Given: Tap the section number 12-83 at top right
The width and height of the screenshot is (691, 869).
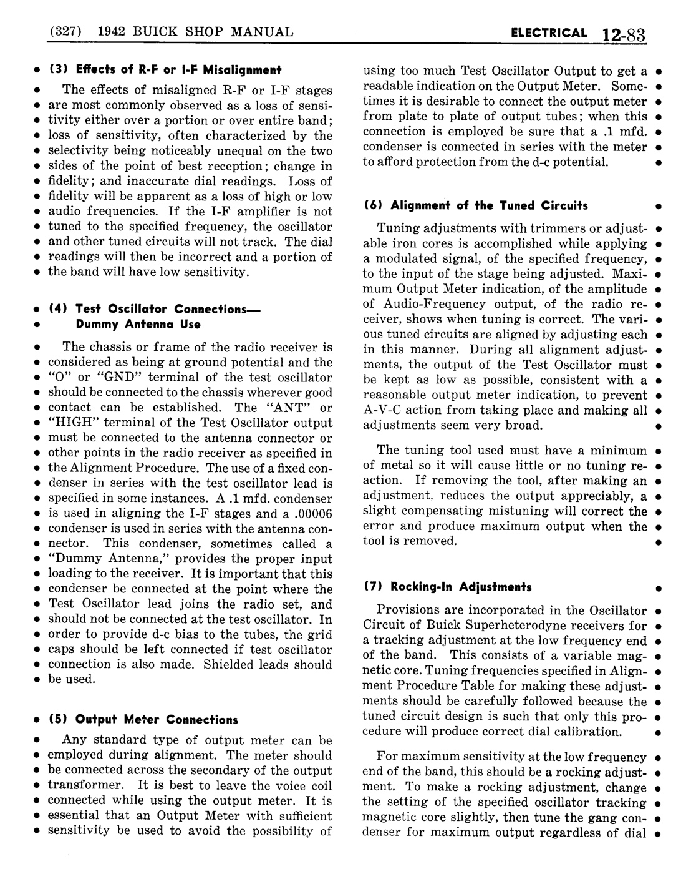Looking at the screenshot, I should pyautogui.click(x=623, y=34).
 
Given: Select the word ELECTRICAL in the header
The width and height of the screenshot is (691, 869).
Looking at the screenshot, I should pyautogui.click(x=549, y=33).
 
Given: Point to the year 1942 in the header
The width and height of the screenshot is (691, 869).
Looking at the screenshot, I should pyautogui.click(x=115, y=32).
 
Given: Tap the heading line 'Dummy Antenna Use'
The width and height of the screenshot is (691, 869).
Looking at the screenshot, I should pyautogui.click(x=138, y=324).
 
